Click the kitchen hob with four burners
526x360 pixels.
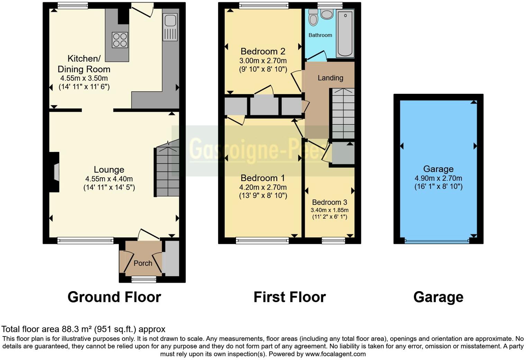point(120,39)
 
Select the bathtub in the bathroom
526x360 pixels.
point(345,33)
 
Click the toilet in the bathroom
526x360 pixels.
point(313,18)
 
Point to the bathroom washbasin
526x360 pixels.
point(326,14)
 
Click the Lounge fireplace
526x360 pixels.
point(55,172)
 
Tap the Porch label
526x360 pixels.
point(143,263)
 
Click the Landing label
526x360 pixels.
point(330,78)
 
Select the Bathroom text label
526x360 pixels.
point(320,35)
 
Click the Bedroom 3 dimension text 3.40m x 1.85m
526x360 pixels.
point(329,210)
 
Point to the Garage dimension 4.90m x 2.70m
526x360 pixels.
point(438,179)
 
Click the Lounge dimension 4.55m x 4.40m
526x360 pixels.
point(109,179)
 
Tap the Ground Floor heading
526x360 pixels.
point(114,297)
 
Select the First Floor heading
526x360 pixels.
point(290,297)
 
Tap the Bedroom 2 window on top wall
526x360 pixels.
point(264,5)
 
